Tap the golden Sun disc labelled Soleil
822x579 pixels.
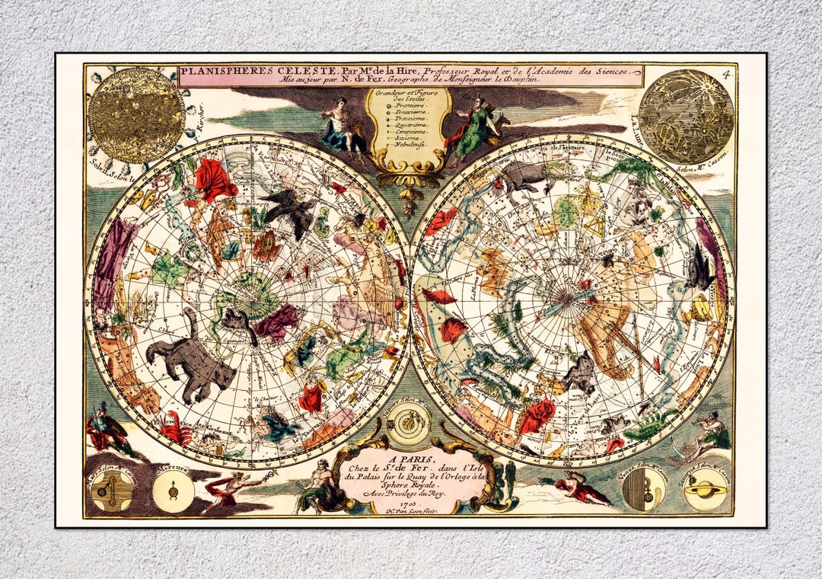(x=135, y=115)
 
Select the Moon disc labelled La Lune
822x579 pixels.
(x=686, y=117)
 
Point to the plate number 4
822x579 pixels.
(x=727, y=74)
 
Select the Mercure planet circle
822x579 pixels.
(x=173, y=488)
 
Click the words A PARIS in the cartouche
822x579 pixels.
(x=411, y=459)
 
